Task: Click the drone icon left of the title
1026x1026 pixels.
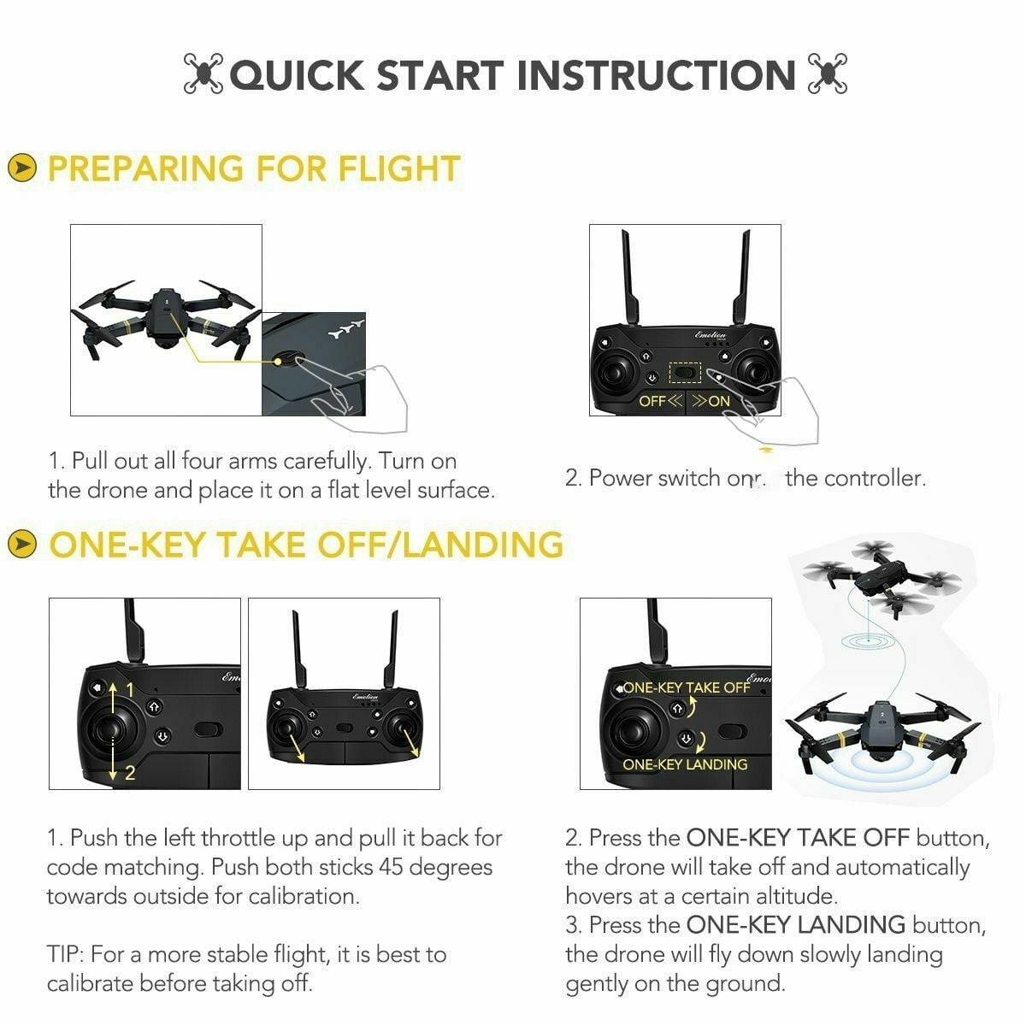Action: coord(203,74)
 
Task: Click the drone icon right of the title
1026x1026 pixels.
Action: coord(827,74)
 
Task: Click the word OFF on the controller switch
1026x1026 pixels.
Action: coord(652,401)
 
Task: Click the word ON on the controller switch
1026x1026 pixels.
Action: coord(719,401)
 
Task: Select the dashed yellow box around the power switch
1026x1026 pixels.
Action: coord(684,373)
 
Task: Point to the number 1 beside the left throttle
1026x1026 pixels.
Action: coord(130,689)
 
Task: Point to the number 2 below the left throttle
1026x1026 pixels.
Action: coord(130,773)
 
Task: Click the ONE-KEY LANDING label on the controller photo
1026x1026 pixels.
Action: coord(685,764)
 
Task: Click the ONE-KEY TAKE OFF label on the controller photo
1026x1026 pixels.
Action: coord(686,687)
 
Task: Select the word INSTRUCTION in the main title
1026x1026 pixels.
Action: coord(656,75)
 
